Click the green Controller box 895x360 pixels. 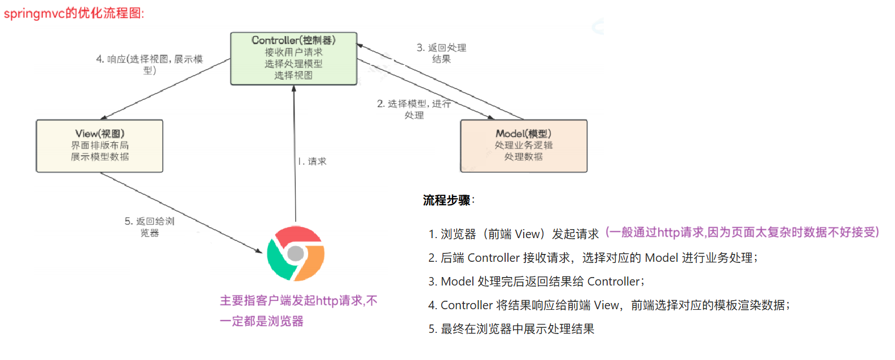(293, 59)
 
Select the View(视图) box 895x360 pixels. (99, 146)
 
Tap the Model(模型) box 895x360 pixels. (524, 146)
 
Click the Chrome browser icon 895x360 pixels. (296, 254)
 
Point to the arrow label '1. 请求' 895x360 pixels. (313, 161)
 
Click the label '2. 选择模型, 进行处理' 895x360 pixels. (414, 109)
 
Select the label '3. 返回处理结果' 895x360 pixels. (441, 53)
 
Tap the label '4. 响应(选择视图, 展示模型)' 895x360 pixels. (150, 64)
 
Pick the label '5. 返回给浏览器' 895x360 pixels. (150, 227)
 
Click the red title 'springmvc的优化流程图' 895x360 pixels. (74, 13)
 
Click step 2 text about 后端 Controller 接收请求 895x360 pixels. (593, 258)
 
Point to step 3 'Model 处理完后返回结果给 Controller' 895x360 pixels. (536, 282)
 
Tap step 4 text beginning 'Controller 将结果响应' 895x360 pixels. (609, 305)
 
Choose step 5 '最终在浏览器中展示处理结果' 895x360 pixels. (511, 329)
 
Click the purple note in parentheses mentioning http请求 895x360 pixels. (742, 232)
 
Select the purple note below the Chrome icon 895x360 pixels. (298, 311)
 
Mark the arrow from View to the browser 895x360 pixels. (181, 212)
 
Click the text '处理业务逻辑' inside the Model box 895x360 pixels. (524, 145)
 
